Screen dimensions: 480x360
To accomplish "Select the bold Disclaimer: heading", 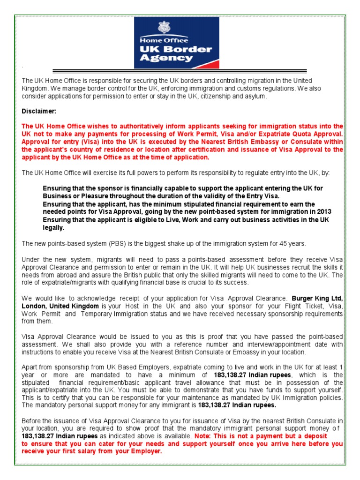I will tap(39, 111).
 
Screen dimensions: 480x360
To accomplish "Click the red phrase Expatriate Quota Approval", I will tap(303, 134).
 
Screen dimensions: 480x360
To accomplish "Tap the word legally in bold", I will tap(54, 228).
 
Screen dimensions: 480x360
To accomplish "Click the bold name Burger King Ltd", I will tap(317, 298).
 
